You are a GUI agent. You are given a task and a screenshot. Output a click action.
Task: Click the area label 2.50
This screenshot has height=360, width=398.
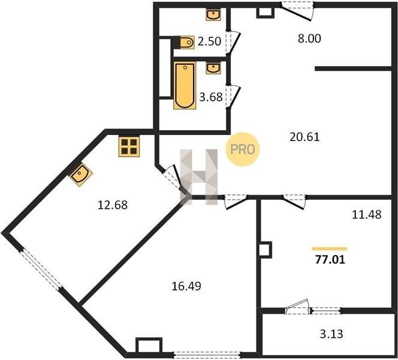click(209, 41)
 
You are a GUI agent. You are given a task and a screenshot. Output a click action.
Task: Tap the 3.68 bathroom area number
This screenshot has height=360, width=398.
click(211, 97)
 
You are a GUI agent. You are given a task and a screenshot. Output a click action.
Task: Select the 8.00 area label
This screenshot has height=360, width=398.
click(309, 38)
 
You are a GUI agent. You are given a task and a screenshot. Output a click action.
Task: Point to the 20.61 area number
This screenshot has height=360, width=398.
click(304, 137)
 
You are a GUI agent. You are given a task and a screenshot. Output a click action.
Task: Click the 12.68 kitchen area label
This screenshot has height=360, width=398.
click(113, 205)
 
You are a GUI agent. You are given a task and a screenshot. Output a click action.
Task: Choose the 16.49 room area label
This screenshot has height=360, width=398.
click(186, 286)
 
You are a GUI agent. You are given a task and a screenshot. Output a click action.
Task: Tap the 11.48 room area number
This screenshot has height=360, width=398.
click(366, 215)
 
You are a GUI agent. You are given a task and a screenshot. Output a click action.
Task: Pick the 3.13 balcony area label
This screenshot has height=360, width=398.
click(331, 334)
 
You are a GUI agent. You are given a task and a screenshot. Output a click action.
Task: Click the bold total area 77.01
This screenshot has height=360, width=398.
click(330, 260)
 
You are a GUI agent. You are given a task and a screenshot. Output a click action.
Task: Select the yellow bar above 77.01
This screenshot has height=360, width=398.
click(330, 249)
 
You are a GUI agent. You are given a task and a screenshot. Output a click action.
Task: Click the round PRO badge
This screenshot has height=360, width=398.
click(242, 149)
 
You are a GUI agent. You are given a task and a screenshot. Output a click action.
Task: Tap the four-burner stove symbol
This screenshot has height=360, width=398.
click(129, 146)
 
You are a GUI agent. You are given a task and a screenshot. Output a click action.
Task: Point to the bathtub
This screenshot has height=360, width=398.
click(185, 85)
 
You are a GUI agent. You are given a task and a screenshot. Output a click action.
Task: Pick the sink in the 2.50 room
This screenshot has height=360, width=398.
click(213, 14)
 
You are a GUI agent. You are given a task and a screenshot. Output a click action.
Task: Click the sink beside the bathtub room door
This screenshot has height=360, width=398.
click(213, 68)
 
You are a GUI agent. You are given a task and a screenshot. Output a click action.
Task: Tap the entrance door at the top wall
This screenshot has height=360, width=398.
click(297, 11)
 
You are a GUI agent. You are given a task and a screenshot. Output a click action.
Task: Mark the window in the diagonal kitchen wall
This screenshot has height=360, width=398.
click(41, 269)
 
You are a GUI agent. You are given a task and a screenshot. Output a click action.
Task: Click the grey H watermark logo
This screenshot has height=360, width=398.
click(199, 177)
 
